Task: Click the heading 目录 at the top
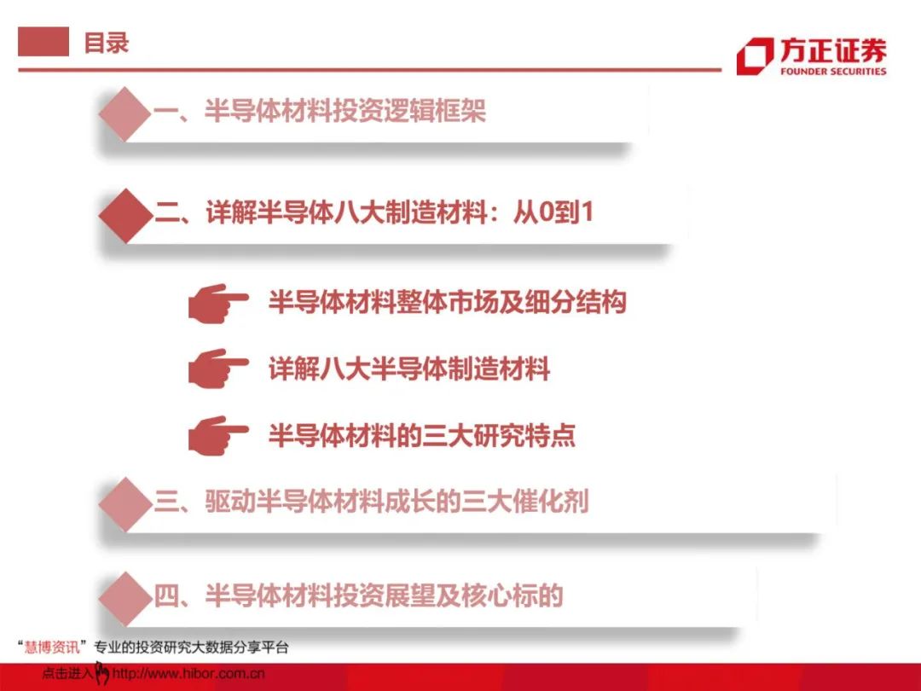(x=107, y=43)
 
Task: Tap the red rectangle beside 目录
(x=43, y=42)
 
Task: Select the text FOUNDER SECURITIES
(x=833, y=72)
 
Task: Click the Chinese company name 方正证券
(x=833, y=50)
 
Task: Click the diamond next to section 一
(x=125, y=113)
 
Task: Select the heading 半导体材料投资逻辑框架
(x=345, y=110)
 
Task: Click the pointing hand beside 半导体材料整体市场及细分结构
(x=217, y=303)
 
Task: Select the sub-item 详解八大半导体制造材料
(x=408, y=369)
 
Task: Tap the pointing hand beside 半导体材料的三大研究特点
(x=217, y=435)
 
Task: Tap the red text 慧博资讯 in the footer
(x=52, y=647)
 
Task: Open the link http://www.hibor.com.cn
(x=188, y=673)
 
